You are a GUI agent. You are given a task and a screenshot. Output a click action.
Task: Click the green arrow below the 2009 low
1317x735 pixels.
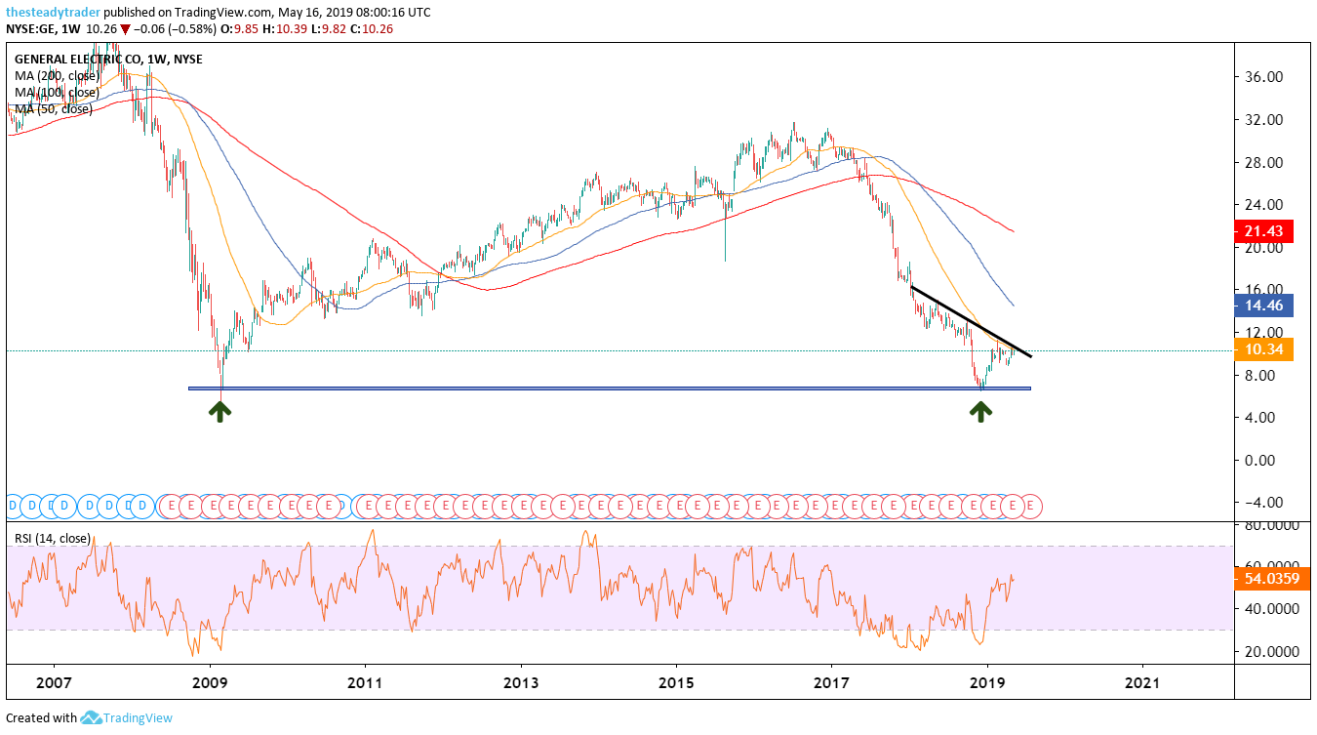coord(221,411)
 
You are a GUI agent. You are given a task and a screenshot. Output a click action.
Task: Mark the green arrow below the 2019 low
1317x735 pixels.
coord(980,411)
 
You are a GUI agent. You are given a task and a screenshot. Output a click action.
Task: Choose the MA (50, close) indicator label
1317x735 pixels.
coord(54,108)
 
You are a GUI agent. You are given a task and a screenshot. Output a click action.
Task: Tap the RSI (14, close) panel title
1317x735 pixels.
coord(55,538)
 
